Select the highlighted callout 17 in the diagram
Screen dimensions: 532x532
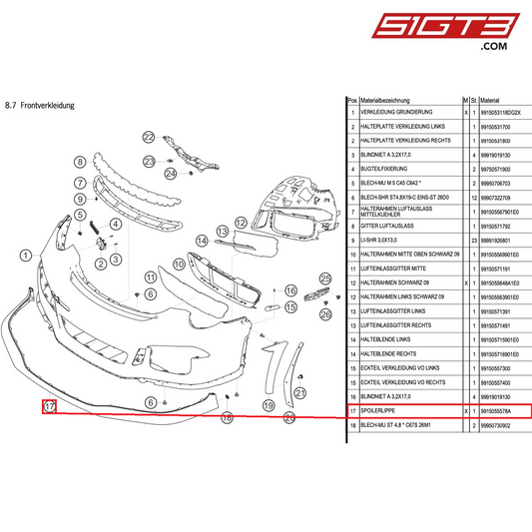[47, 406]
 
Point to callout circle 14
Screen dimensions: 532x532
[202, 241]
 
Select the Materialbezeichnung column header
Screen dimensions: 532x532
[385, 101]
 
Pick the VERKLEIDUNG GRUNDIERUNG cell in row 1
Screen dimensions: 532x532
[397, 113]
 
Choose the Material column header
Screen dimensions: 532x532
[491, 101]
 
